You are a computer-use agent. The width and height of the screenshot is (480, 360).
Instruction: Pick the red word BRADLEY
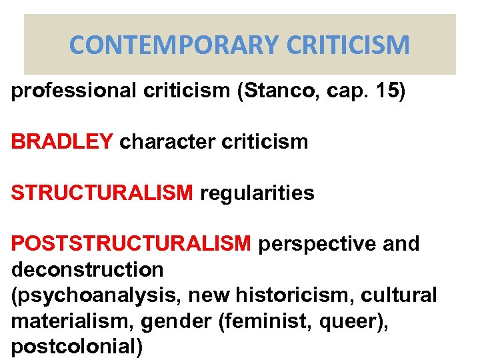click(x=62, y=141)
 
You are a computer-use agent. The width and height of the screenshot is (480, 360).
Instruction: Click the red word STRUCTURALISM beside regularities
click(x=102, y=193)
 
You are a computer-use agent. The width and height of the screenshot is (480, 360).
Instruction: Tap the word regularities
click(x=256, y=193)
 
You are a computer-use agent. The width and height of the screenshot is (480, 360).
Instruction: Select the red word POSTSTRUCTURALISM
click(x=131, y=244)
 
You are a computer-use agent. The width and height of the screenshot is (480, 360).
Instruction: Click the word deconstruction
click(x=87, y=269)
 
